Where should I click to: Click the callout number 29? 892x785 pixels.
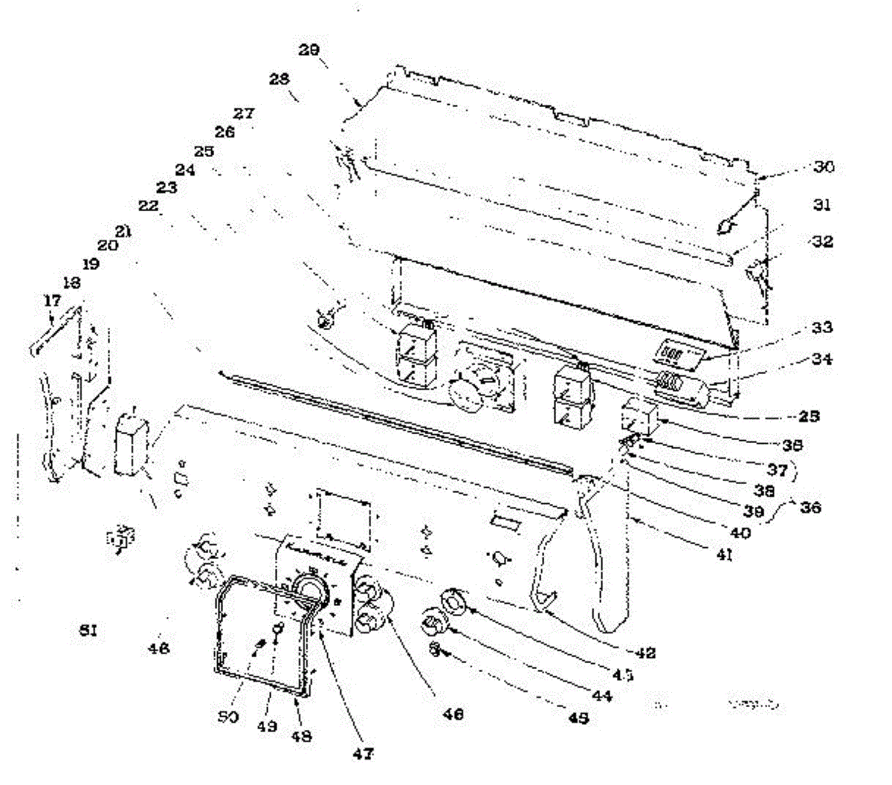(309, 50)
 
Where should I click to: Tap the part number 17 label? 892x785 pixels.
(52, 300)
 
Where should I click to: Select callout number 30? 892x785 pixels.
(823, 167)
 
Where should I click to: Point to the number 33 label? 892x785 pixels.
(822, 327)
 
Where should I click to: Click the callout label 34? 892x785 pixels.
(822, 359)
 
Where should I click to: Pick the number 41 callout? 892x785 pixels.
(723, 555)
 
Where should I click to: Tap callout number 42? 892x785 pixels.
(646, 653)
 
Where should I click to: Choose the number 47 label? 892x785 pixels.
(363, 754)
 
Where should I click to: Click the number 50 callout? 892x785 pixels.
(227, 717)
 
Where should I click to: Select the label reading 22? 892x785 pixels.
(149, 206)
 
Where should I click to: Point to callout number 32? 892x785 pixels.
(822, 242)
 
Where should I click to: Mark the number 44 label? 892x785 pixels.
(601, 697)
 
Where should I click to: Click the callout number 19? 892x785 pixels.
(91, 263)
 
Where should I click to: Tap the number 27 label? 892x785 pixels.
(244, 114)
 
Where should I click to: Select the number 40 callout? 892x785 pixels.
(740, 532)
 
